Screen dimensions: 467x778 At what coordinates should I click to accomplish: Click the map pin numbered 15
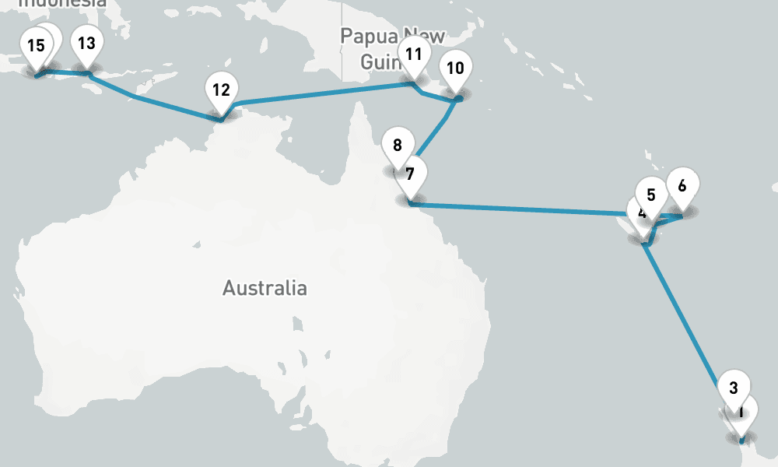tap(35, 45)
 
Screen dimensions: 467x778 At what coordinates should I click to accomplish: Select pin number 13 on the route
tap(87, 43)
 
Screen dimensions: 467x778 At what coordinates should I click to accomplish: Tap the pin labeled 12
tap(221, 90)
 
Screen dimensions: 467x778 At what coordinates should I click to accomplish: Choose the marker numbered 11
tap(413, 54)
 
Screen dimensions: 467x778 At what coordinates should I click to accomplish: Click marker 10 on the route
tap(455, 68)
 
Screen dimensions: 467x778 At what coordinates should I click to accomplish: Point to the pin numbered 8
tap(398, 145)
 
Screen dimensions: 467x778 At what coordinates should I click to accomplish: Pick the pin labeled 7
tap(410, 174)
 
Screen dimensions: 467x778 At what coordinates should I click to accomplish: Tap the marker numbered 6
tap(682, 185)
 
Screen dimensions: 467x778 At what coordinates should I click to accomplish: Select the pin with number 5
tap(651, 195)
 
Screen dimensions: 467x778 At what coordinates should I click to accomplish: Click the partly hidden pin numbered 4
tap(639, 215)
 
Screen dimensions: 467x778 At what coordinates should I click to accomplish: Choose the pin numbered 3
tap(733, 387)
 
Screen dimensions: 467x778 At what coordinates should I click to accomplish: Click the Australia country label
tap(265, 288)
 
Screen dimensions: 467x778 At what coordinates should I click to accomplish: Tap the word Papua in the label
tap(368, 37)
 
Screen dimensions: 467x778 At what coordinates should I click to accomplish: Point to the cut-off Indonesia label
tap(62, 3)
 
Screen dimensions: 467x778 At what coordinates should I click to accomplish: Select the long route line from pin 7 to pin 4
tap(529, 209)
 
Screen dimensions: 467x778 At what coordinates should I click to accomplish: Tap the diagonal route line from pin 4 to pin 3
tap(685, 319)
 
